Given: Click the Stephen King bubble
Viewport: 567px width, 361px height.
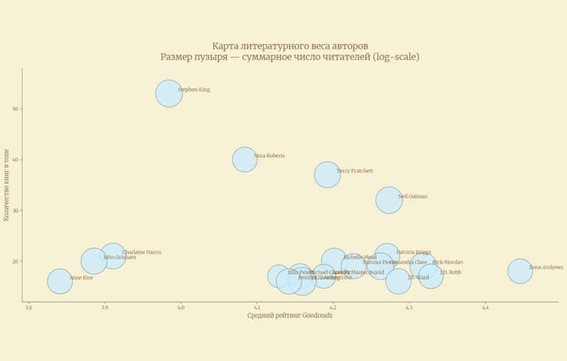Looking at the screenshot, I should click(x=169, y=93).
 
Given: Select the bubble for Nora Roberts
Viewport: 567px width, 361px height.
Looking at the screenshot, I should click(x=244, y=159).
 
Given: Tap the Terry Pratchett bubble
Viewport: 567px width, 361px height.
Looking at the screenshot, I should click(x=327, y=175).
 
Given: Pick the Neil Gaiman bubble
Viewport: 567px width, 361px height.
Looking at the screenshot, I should click(x=389, y=200).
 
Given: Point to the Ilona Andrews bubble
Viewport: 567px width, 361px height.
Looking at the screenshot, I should click(x=520, y=271).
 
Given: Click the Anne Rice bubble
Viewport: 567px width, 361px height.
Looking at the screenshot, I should click(x=60, y=281).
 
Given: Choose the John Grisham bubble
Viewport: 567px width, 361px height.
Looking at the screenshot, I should click(x=93, y=261).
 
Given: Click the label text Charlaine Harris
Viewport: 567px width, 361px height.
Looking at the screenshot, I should click(x=141, y=252).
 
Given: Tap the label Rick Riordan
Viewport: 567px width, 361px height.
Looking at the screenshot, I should click(x=447, y=262).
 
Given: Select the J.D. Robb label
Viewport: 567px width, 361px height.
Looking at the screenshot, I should click(x=450, y=272).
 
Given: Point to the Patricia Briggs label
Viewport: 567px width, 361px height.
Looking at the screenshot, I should click(x=414, y=252).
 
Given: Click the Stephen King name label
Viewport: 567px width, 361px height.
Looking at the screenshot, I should click(x=194, y=89).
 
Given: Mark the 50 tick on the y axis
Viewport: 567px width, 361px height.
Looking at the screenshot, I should click(x=15, y=109).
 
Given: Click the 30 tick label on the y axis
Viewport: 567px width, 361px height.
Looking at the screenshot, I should click(x=15, y=210).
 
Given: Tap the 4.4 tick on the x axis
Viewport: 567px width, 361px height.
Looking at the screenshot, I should click(x=485, y=308).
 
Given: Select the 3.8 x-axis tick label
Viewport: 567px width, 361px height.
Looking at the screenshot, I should click(x=28, y=308).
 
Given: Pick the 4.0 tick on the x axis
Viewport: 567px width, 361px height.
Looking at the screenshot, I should click(x=181, y=308).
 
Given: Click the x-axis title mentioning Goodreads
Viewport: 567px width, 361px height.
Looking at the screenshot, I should click(x=289, y=316).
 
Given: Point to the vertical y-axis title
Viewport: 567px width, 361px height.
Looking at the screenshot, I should click(x=6, y=185).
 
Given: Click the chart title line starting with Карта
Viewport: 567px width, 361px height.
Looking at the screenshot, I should click(x=290, y=46).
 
